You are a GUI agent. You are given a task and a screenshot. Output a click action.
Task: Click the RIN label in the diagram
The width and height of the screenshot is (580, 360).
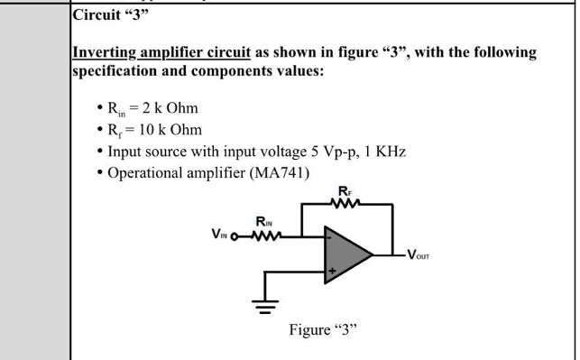(x=264, y=222)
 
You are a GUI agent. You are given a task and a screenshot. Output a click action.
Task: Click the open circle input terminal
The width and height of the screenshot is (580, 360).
(x=237, y=239)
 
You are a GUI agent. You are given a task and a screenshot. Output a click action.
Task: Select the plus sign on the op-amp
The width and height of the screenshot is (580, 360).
(x=330, y=270)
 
